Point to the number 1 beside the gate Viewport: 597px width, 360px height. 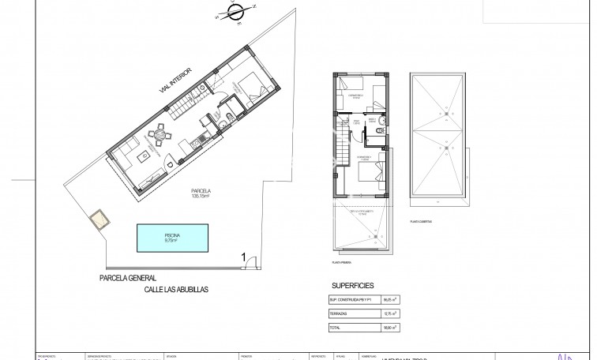coord(244,255)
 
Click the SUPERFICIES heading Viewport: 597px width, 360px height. coord(353,286)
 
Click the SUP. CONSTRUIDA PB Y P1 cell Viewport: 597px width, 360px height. coord(355,301)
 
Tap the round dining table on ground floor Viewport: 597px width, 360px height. coord(160,134)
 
